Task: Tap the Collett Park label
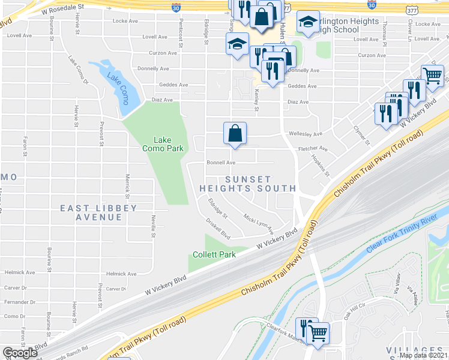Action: pos(214,254)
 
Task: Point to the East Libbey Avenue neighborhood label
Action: pos(98,212)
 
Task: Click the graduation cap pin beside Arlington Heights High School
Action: pos(308,24)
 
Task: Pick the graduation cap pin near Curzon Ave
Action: pos(237,44)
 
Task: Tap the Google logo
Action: pos(20,353)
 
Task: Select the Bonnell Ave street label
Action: pos(221,163)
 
